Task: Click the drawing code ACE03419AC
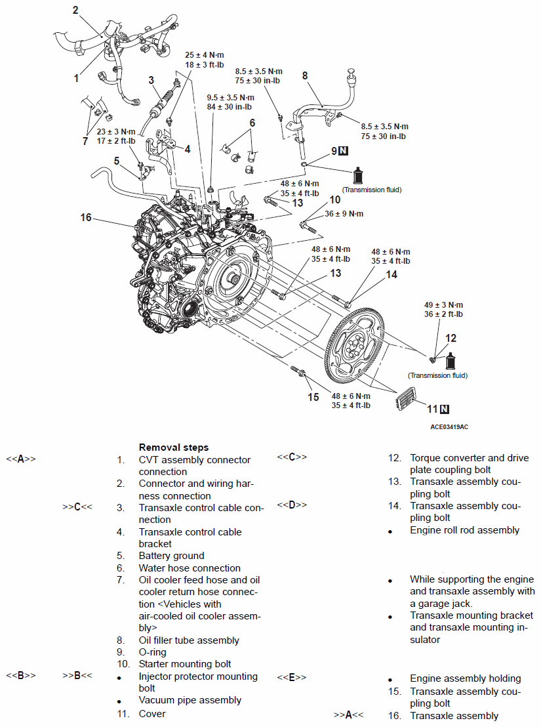[449, 426]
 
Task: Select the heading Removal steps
[174, 447]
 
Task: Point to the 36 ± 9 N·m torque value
[344, 214]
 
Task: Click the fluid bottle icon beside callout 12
[452, 361]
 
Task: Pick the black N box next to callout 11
[445, 409]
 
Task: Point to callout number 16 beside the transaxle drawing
[85, 217]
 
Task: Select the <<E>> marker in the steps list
[291, 677]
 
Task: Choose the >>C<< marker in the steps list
[77, 507]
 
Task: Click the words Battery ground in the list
[171, 556]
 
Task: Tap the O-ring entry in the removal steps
[152, 652]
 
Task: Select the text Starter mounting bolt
[185, 664]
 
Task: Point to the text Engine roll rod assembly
[464, 530]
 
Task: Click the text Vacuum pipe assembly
[190, 700]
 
